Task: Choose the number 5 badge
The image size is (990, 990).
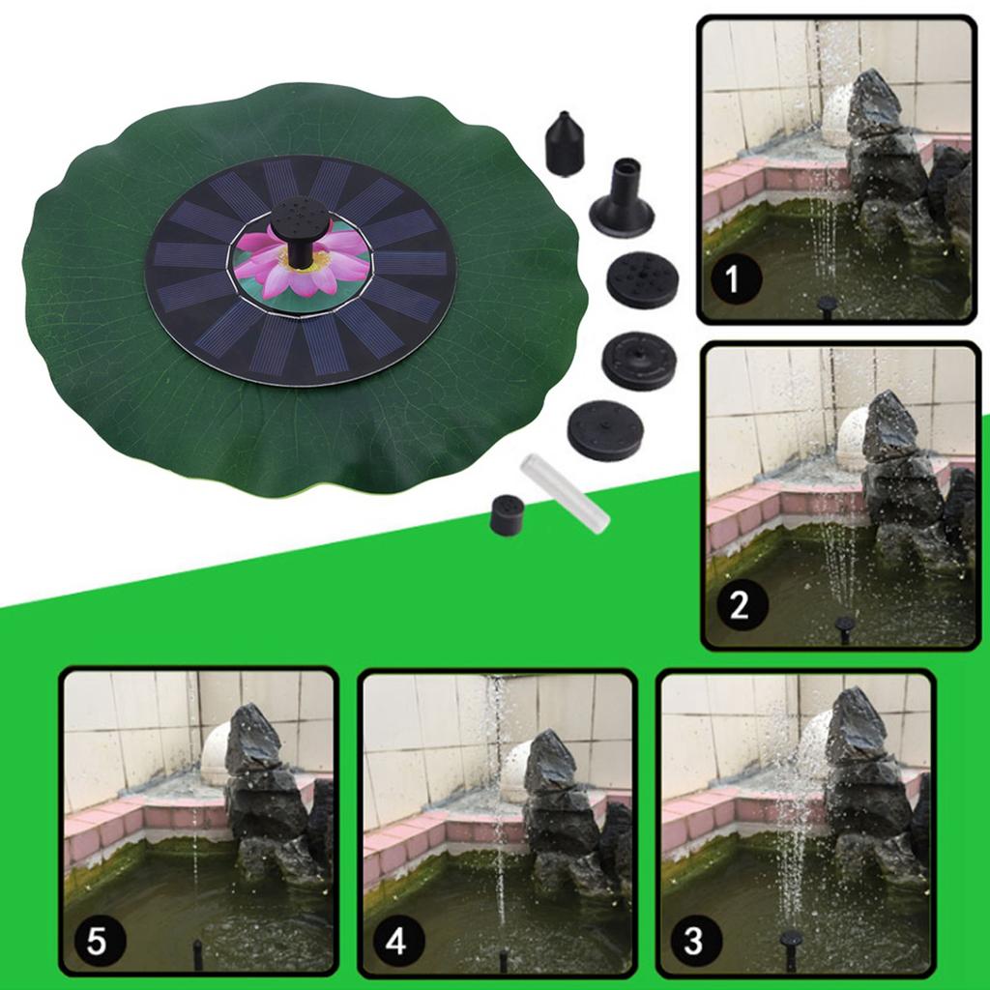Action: pos(96,940)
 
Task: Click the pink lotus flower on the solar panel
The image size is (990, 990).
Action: pos(302,264)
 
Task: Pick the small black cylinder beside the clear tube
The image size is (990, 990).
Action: pos(507,515)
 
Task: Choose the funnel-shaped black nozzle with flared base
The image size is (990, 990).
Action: pos(621,199)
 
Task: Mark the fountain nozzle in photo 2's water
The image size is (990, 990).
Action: pos(845,629)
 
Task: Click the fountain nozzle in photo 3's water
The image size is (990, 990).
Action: pos(792,948)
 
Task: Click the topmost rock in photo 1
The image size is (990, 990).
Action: pos(873,104)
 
